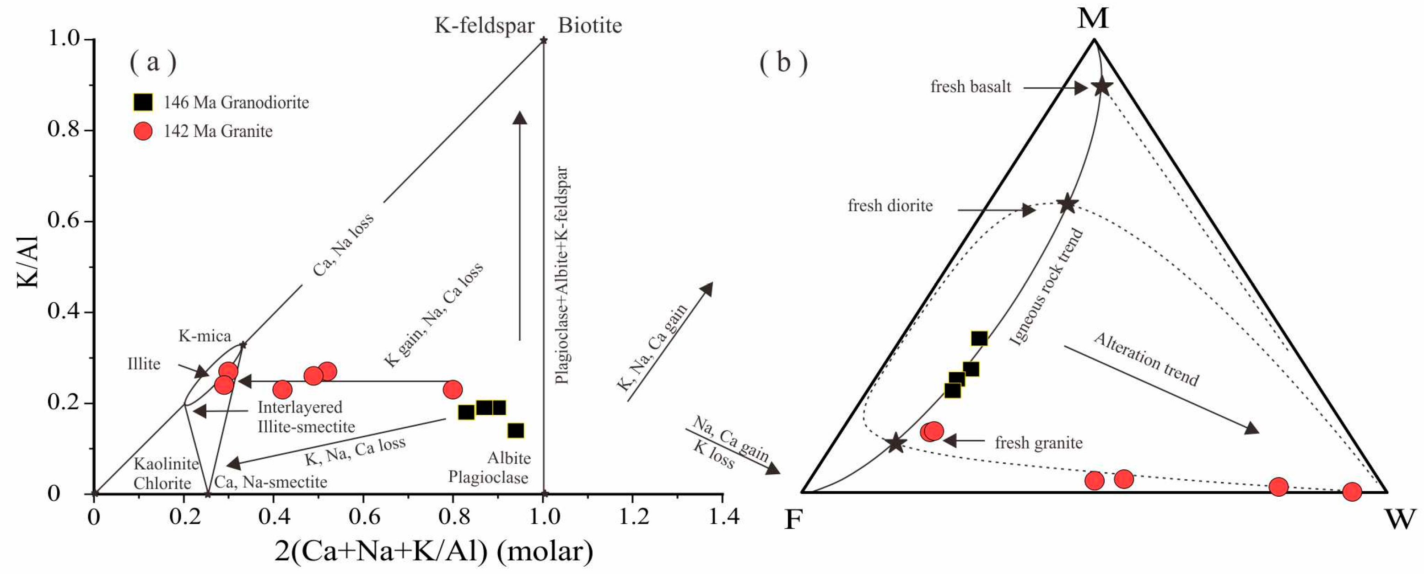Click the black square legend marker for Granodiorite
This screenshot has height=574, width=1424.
click(x=143, y=102)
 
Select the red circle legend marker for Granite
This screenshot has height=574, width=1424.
click(x=143, y=131)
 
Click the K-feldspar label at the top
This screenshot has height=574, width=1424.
click(x=484, y=26)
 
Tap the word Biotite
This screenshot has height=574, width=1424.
click(x=589, y=26)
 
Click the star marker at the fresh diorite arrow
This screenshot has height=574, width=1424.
click(x=1068, y=204)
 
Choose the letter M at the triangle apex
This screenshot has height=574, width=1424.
click(x=1093, y=18)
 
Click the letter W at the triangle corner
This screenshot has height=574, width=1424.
click(x=1400, y=519)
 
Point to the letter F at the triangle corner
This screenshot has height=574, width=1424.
click(x=793, y=519)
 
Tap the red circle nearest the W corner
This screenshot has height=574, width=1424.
click(x=1352, y=491)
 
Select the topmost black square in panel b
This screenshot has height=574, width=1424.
click(x=979, y=338)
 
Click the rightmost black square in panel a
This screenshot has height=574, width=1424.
click(x=516, y=430)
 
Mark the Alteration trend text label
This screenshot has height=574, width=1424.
click(x=1147, y=359)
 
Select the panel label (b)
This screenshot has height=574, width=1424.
click(x=783, y=62)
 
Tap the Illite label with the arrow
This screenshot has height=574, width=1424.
click(x=144, y=364)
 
